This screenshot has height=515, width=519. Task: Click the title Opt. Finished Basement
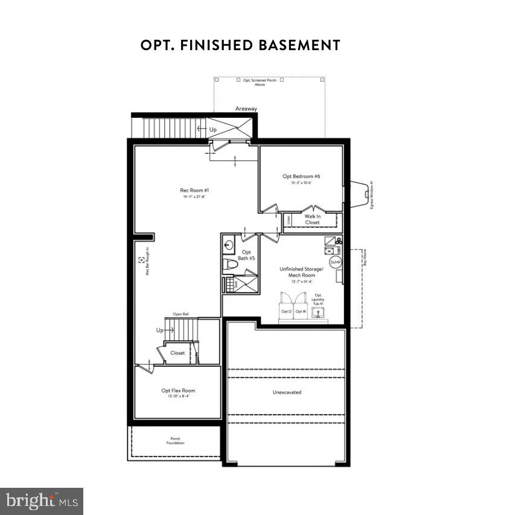click(240, 45)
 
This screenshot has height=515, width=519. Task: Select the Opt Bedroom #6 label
click(301, 177)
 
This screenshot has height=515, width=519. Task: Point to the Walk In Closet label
click(312, 219)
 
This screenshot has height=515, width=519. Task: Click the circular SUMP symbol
click(336, 262)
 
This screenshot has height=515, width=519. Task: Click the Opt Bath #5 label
click(247, 255)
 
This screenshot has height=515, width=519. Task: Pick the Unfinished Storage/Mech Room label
click(302, 271)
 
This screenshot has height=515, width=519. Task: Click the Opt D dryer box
click(286, 311)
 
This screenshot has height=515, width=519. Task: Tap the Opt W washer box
click(301, 311)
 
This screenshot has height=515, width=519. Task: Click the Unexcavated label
click(287, 392)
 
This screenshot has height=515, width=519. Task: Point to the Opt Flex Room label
click(178, 391)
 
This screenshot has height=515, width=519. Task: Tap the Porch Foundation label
click(175, 441)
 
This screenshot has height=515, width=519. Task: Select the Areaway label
click(246, 109)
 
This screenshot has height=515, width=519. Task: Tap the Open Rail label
click(181, 314)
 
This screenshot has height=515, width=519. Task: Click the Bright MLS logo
click(42, 500)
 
